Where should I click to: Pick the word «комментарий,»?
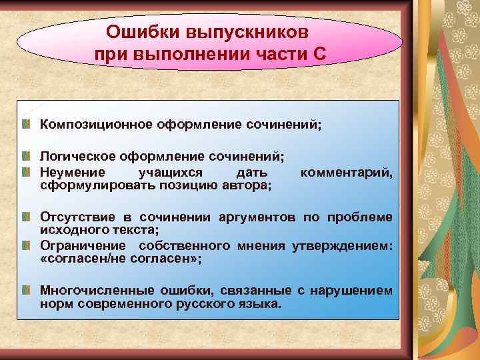click(347, 172)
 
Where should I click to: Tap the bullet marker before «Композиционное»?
click(26, 125)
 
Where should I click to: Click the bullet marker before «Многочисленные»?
click(26, 291)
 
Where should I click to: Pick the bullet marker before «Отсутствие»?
click(26, 217)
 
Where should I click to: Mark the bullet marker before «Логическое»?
click(26, 157)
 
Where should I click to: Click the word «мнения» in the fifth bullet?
click(261, 246)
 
